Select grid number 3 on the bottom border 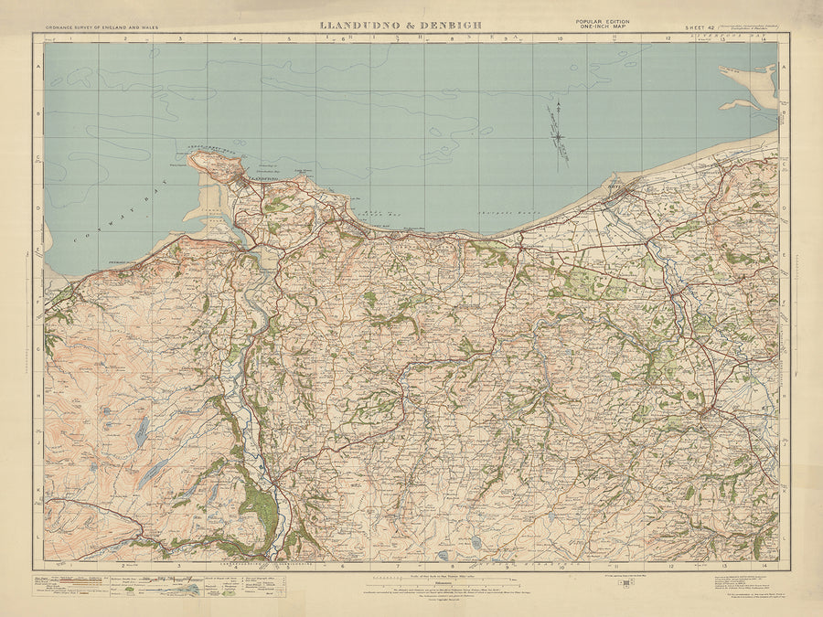pos(180,566)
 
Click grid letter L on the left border pos(38,539)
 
